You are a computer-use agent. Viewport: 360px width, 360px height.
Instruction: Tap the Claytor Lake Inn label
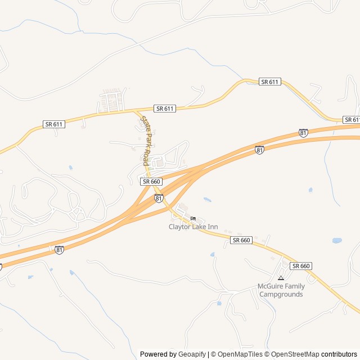click(x=193, y=227)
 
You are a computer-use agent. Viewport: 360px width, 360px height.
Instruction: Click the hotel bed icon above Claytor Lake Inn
click(x=193, y=218)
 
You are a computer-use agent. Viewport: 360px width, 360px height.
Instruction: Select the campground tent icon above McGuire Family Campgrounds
click(x=281, y=278)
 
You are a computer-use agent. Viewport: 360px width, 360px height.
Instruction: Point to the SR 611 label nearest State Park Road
click(x=165, y=108)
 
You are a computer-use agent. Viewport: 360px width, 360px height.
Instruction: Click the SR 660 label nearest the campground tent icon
click(x=301, y=265)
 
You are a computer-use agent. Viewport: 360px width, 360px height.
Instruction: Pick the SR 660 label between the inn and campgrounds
click(x=241, y=240)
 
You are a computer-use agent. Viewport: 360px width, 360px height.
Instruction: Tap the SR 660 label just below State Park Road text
click(x=152, y=181)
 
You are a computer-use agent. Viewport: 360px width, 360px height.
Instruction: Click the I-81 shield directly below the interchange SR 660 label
click(x=159, y=199)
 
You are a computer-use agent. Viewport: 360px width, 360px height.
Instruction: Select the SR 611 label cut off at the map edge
click(x=352, y=119)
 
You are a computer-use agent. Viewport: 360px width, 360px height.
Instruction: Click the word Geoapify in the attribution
click(x=191, y=354)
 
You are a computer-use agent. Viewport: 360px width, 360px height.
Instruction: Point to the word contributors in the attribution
click(x=339, y=354)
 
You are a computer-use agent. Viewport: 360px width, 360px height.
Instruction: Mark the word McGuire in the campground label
click(x=269, y=286)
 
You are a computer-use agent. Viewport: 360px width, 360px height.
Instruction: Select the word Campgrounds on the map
click(x=280, y=294)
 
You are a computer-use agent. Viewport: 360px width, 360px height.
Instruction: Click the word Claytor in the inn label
click(x=180, y=227)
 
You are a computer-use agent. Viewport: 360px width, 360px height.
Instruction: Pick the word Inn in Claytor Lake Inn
click(x=213, y=227)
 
